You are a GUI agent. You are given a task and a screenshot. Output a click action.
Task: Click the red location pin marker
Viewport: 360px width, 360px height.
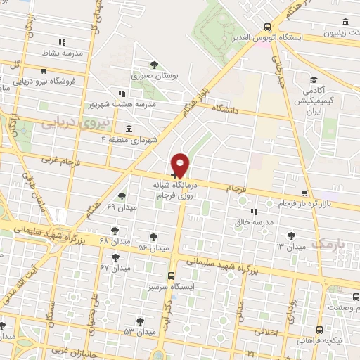point(181,165)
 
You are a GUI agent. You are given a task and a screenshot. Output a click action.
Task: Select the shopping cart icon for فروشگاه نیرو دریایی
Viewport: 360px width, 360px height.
point(44,71)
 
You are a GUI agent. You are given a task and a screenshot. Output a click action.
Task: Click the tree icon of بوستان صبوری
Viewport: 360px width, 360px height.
point(153,65)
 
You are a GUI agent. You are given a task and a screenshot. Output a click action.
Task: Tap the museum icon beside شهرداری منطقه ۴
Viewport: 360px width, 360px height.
point(128,129)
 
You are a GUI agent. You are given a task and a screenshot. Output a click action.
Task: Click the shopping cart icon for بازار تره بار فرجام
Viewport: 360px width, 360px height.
point(303,194)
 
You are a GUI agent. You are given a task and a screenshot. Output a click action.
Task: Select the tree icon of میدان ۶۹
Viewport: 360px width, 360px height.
point(122,197)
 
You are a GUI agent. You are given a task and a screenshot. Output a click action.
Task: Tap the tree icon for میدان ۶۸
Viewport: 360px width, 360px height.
point(115,230)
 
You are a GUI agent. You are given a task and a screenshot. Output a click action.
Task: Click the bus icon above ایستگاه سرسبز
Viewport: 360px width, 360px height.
point(171,276)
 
